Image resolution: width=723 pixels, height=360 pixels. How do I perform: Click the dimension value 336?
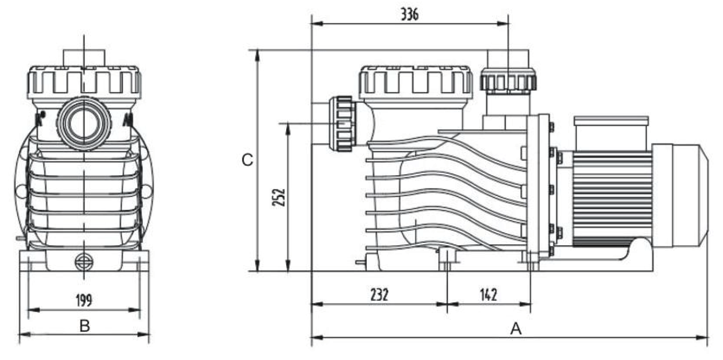(409, 15)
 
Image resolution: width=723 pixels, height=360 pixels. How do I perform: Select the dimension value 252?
(278, 196)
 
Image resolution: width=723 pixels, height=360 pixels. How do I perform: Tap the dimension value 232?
(379, 295)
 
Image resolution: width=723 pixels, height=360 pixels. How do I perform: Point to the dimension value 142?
(488, 295)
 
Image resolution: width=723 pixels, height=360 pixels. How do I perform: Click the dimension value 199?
(84, 300)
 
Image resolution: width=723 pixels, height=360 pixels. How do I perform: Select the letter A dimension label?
(516, 329)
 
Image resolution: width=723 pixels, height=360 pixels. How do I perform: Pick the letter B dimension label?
(85, 326)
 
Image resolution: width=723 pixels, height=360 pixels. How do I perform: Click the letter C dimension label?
(246, 160)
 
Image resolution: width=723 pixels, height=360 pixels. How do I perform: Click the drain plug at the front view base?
(84, 261)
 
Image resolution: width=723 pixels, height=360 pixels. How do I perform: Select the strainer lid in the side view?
(415, 82)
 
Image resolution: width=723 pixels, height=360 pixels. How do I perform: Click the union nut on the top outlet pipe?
(508, 81)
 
